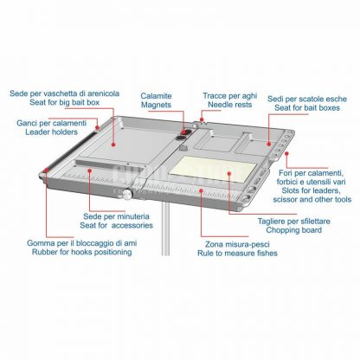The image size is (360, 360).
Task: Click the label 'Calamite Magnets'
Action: (156, 100)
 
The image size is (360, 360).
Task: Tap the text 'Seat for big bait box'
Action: (64, 102)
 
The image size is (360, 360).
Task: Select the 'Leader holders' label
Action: (51, 132)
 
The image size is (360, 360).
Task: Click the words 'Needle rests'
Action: (230, 105)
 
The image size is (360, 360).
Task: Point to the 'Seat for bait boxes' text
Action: (307, 108)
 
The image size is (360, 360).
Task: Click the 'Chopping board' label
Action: (293, 230)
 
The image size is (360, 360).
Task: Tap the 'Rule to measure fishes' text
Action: (237, 254)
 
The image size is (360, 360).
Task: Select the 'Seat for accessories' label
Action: (116, 225)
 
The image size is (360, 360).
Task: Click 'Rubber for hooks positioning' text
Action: (82, 252)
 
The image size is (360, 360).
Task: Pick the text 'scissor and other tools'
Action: (312, 199)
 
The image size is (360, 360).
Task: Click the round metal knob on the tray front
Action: (127, 194)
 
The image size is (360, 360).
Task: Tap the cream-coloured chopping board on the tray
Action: (213, 170)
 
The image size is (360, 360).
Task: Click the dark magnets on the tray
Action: (183, 135)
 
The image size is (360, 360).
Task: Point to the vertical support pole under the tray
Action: (165, 228)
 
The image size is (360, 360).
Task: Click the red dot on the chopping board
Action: (229, 173)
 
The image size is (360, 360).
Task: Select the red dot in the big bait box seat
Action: (113, 145)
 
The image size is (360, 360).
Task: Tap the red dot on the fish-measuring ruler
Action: (202, 190)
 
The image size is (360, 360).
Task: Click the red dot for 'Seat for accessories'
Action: (90, 170)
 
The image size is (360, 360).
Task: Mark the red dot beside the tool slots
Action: (286, 153)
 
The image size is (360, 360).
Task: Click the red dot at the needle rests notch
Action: (202, 119)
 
